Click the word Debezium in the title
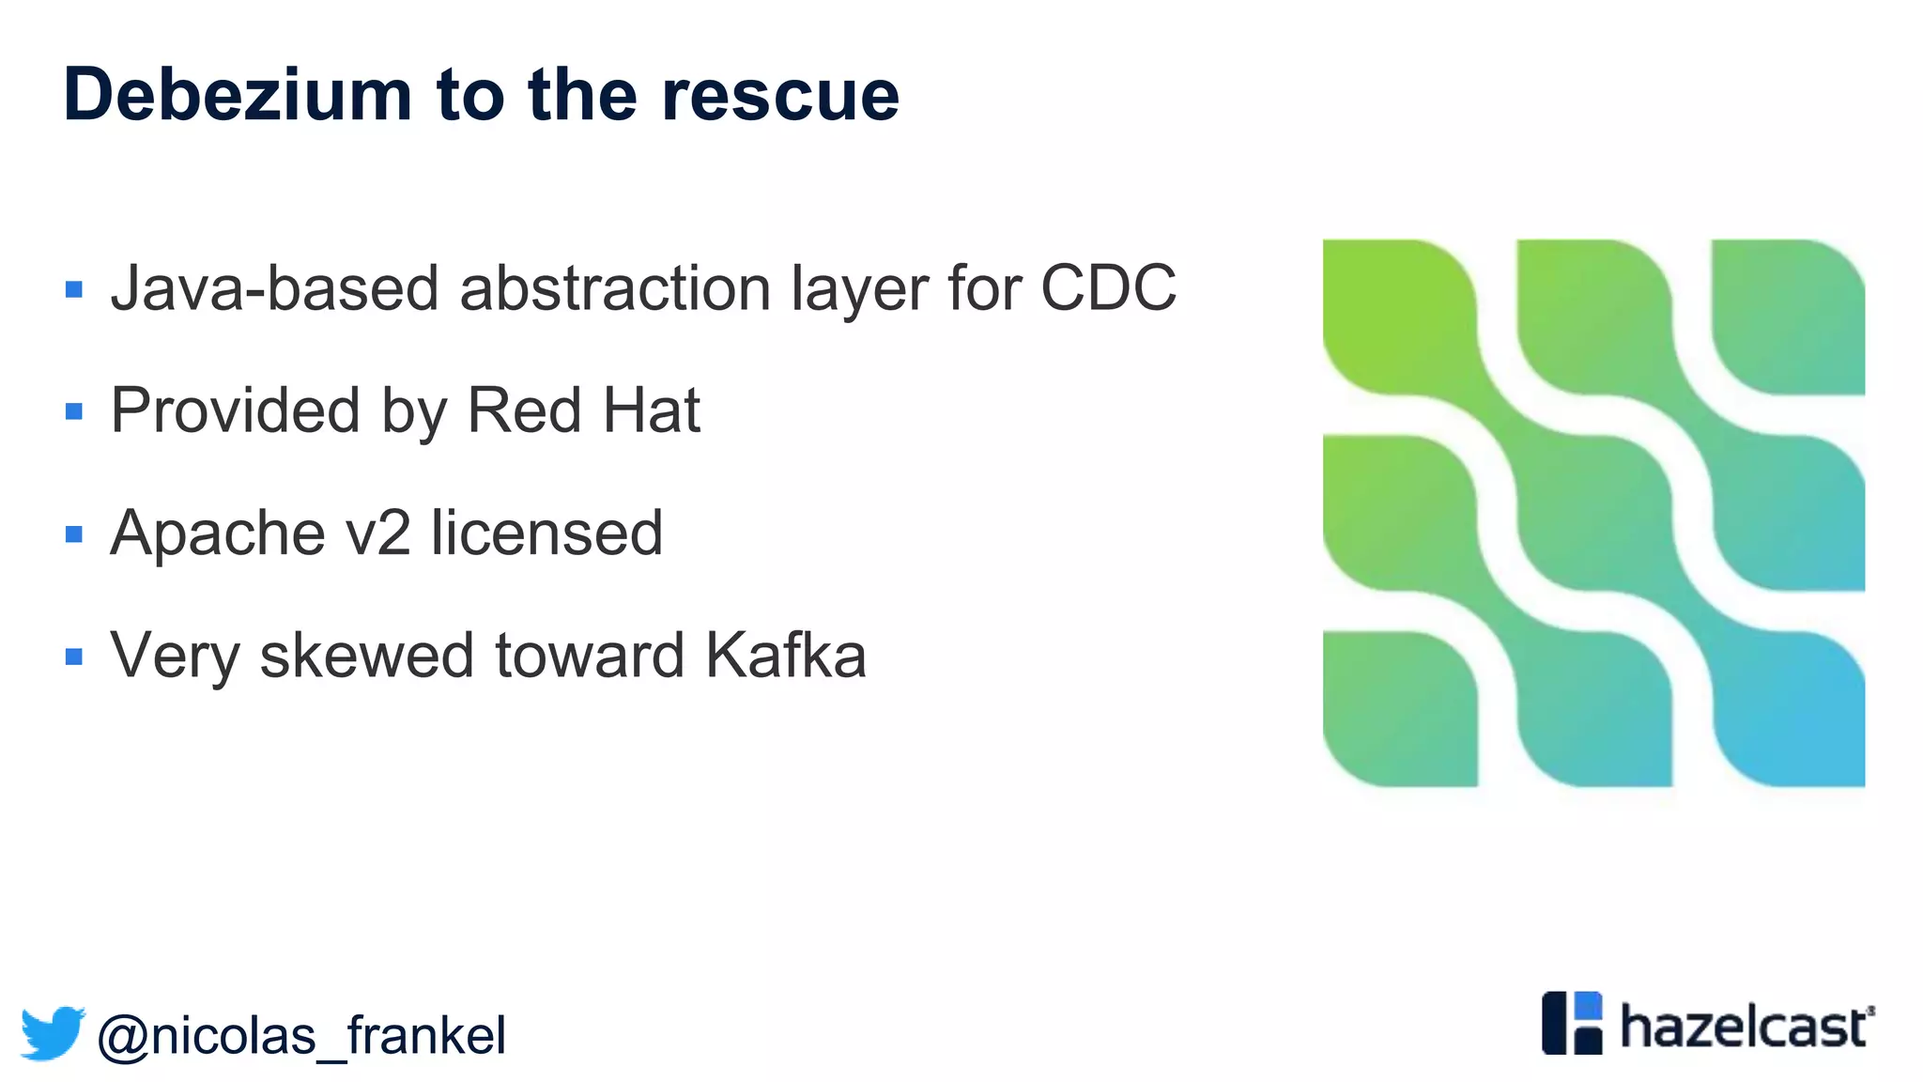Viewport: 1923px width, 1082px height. coord(238,95)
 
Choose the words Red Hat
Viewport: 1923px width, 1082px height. coord(583,410)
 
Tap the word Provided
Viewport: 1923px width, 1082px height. coord(235,410)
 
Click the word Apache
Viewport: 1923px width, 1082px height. coord(216,533)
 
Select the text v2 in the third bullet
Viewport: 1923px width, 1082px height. coord(377,533)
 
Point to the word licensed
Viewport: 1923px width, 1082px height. coord(546,533)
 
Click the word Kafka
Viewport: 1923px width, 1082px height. coord(785,656)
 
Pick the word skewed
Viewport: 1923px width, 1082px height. coord(366,656)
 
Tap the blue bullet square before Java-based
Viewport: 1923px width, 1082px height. coord(74,289)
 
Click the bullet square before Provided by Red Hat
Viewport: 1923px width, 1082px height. coord(74,411)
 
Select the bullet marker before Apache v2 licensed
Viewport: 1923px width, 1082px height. coord(74,534)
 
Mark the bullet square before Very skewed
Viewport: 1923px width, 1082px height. coord(74,657)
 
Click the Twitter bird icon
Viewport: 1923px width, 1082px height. coord(53,1033)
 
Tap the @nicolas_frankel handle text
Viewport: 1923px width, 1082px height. coord(301,1036)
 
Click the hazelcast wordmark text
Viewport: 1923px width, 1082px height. coord(1745,1027)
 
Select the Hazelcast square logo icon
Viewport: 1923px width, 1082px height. coord(1572,1023)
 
